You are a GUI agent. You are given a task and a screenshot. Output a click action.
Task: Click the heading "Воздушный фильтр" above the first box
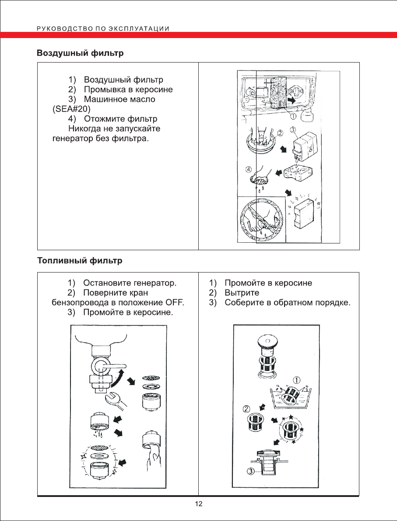[x=80, y=53]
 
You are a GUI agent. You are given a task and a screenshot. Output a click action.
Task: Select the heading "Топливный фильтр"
[x=79, y=261]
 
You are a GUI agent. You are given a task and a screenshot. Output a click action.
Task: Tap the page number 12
[x=198, y=504]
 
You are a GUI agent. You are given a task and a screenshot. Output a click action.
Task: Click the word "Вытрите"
[x=242, y=293]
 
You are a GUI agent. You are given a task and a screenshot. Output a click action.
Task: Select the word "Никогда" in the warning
[x=83, y=129]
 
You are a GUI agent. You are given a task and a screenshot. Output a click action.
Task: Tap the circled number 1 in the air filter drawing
[x=293, y=116]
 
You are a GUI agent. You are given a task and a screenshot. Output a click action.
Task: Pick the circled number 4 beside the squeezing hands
[x=249, y=169]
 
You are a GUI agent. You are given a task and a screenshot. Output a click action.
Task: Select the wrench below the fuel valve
[x=115, y=399]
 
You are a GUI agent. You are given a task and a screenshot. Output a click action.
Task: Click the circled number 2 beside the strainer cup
[x=247, y=409]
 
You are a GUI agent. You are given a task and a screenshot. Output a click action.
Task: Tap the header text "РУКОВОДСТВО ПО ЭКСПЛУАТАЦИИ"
[x=103, y=28]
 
